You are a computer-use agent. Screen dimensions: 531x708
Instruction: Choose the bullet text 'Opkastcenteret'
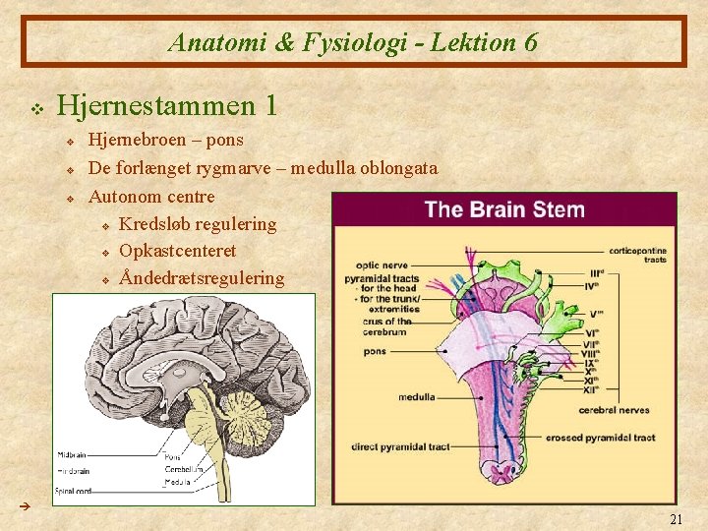tap(177, 251)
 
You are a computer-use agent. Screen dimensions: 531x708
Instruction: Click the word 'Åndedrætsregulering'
tap(202, 278)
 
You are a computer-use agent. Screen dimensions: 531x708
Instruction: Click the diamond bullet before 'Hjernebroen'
tap(71, 143)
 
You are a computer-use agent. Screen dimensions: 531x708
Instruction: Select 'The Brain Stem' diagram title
tap(504, 209)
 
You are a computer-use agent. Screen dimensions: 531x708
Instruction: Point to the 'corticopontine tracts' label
tap(638, 255)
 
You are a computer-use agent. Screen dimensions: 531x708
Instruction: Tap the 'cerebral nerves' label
tap(613, 409)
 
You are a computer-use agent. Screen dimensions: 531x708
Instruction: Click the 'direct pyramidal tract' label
tap(399, 447)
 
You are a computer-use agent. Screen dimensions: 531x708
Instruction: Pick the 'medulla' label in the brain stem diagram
tap(416, 397)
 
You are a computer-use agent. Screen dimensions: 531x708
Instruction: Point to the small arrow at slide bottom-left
tap(27, 504)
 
